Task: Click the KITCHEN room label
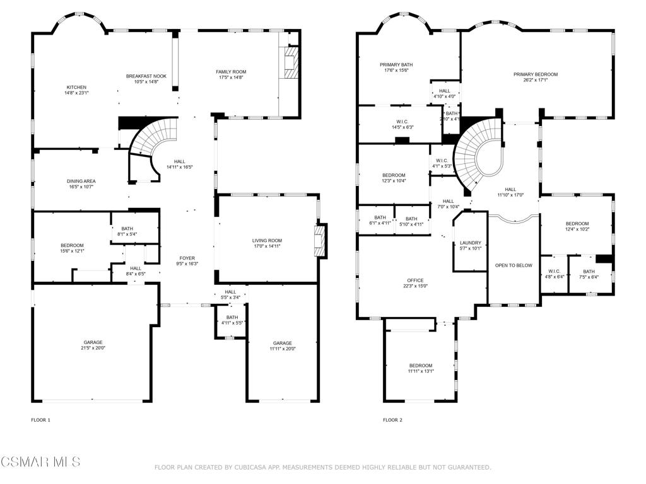pos(76,87)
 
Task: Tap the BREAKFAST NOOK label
pos(146,76)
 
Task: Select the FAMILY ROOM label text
pos(231,72)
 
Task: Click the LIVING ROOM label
pos(267,240)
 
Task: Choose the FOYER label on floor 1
pos(187,258)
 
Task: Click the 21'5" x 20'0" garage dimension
pos(93,348)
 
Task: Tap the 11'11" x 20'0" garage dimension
pos(282,349)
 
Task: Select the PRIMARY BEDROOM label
pos(535,74)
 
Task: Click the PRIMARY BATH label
pos(396,64)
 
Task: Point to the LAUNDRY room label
pos(471,243)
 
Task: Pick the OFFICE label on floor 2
pos(415,280)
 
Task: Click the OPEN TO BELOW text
pos(514,265)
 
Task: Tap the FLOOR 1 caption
pos(40,420)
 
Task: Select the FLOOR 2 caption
pos(392,420)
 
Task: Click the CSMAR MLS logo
pos(40,462)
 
